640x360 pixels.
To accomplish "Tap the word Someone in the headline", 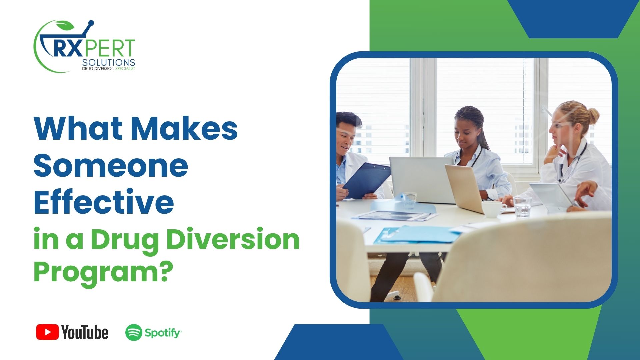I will tap(111, 166).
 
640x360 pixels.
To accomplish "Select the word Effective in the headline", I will tap(104, 202).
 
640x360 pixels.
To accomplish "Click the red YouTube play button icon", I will tap(47, 332).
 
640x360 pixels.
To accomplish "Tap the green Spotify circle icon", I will tap(134, 333).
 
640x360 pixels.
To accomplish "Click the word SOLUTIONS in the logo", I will tap(108, 62).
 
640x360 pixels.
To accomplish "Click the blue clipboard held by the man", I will tap(367, 180).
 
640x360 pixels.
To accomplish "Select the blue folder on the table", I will tap(420, 234).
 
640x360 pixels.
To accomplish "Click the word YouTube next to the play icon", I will tap(85, 333).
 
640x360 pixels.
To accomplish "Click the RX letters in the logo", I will tap(67, 49).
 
